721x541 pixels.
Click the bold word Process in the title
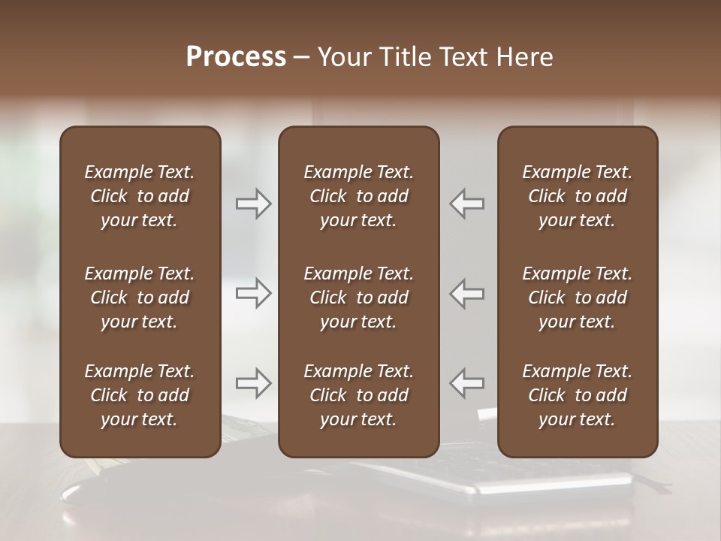[x=236, y=57]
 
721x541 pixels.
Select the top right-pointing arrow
[x=254, y=204]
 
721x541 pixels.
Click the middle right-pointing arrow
[x=254, y=293]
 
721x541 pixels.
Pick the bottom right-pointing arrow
[x=254, y=383]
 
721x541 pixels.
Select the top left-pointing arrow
[x=466, y=204]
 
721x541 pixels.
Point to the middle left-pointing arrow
[x=466, y=293]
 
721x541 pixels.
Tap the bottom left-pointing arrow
[x=466, y=383]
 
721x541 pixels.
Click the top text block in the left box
[x=140, y=196]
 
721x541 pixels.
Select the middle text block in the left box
[x=140, y=298]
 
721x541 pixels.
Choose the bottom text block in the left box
[x=140, y=395]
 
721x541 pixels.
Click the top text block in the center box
[x=358, y=196]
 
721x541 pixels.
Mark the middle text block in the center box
[x=358, y=298]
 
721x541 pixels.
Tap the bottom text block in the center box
[x=358, y=395]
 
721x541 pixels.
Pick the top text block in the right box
[x=577, y=196]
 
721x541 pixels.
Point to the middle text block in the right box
[x=577, y=298]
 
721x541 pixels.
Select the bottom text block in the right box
[x=577, y=395]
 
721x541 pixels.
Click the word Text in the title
[x=463, y=57]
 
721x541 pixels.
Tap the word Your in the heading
[x=343, y=57]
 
